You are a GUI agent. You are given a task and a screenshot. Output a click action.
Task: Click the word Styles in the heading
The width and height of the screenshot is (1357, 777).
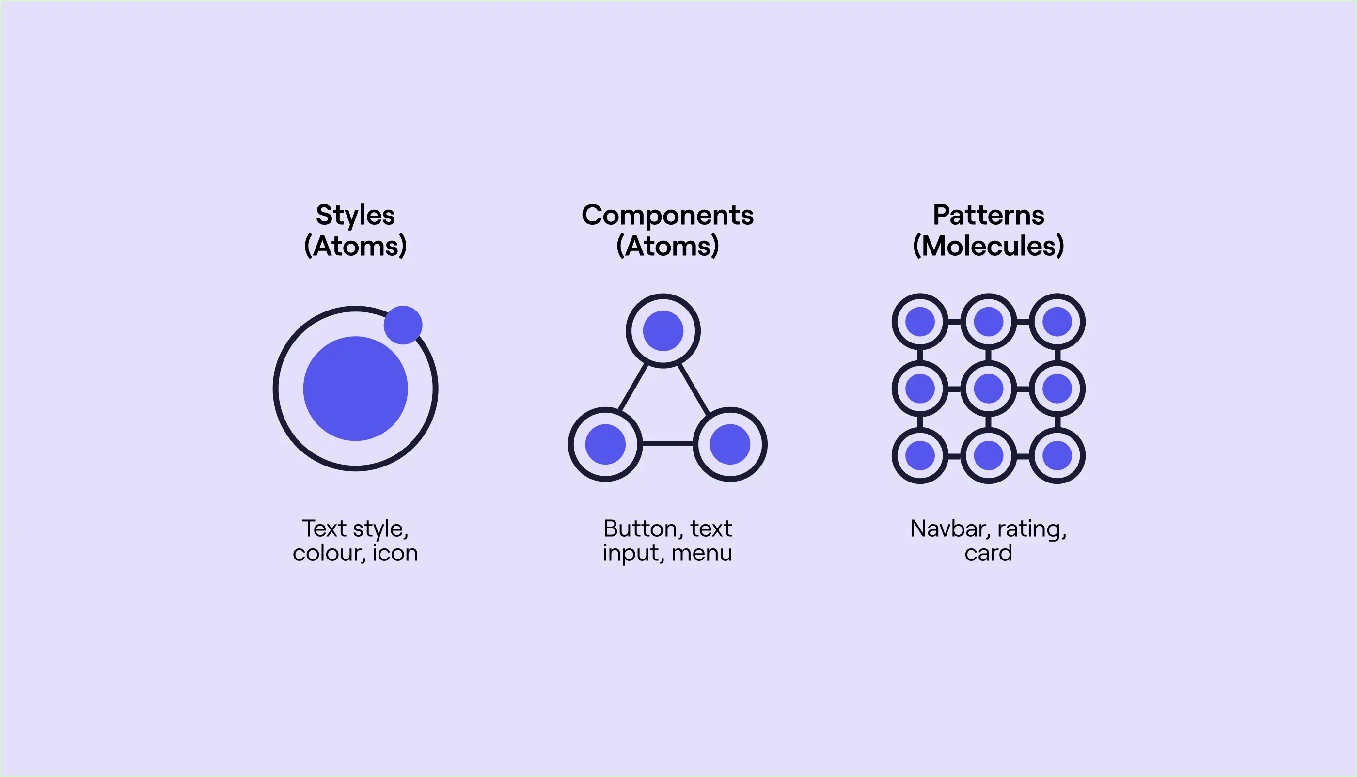click(355, 216)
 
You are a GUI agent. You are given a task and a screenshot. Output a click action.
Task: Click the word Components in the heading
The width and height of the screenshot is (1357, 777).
click(667, 216)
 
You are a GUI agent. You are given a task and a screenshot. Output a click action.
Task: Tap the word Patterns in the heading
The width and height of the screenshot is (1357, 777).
click(988, 216)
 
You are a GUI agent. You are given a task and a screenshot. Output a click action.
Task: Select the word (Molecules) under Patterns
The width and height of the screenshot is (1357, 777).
click(988, 246)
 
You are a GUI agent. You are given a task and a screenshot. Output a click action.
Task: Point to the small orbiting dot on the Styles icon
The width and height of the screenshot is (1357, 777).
click(403, 325)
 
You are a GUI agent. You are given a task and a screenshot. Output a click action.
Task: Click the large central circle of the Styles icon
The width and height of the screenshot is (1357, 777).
click(356, 388)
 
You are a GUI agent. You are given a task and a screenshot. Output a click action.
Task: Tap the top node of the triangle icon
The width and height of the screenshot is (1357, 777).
click(663, 331)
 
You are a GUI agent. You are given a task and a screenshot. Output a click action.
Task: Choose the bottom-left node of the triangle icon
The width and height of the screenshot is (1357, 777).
click(605, 445)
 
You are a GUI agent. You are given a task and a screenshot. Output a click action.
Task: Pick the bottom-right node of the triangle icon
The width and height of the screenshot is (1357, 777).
click(730, 445)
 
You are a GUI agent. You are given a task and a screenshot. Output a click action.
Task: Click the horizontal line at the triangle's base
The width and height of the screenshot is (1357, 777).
click(667, 443)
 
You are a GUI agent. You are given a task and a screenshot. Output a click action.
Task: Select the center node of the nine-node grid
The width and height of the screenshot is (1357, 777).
click(988, 388)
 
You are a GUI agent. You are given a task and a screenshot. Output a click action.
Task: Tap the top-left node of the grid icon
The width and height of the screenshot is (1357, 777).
click(920, 322)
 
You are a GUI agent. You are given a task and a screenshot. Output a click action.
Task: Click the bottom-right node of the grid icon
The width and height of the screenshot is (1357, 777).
click(1057, 456)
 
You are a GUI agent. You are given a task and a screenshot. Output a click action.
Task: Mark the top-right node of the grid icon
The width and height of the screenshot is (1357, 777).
click(1057, 322)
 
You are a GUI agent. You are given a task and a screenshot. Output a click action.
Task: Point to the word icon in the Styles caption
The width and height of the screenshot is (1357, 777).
click(395, 553)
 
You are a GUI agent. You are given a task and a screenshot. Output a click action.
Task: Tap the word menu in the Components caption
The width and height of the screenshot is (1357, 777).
click(701, 553)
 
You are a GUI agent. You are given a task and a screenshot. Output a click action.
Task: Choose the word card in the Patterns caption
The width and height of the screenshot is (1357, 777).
click(988, 553)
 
